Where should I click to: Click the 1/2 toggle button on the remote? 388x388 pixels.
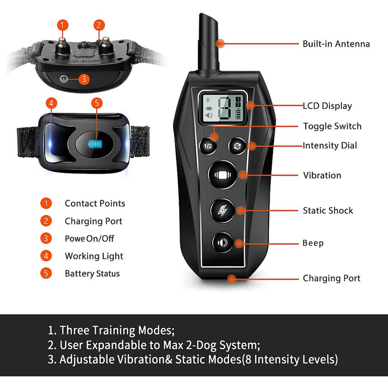(208, 146)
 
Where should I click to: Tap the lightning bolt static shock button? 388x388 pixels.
(222, 211)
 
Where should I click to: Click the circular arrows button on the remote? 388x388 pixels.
(237, 146)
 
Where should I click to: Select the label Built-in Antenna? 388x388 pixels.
(336, 44)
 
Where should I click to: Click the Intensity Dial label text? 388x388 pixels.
(330, 145)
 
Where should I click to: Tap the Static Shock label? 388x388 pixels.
(328, 211)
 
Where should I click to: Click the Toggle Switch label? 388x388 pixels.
(332, 126)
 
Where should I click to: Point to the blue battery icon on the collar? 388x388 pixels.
(95, 144)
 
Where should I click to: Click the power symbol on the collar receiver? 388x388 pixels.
(64, 79)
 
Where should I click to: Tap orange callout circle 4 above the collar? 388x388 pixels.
(51, 103)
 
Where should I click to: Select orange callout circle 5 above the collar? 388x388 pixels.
(97, 103)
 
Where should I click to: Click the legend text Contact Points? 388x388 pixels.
(95, 204)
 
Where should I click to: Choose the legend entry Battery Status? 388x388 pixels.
(92, 274)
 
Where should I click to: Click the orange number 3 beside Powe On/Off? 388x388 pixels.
(46, 238)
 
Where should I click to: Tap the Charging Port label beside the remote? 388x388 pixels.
(332, 278)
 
